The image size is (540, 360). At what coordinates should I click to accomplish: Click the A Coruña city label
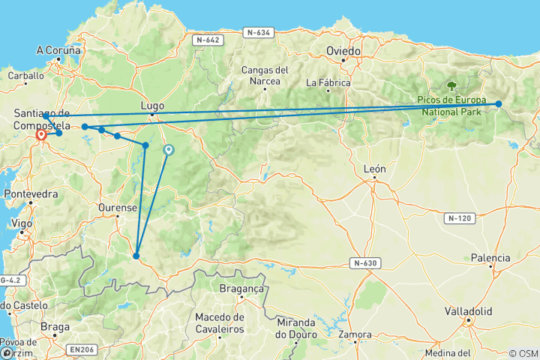pyautogui.click(x=58, y=51)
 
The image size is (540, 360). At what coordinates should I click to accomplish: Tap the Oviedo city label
pyautogui.click(x=344, y=51)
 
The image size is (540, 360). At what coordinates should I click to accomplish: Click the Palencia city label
pyautogui.click(x=490, y=258)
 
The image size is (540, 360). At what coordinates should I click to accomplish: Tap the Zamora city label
pyautogui.click(x=355, y=334)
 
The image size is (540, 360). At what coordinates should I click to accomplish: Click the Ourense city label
pyautogui.click(x=118, y=208)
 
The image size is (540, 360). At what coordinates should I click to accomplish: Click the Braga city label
pyautogui.click(x=55, y=327)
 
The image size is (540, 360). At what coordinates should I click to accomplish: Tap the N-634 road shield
pyautogui.click(x=258, y=32)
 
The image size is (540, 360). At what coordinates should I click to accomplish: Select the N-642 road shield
pyautogui.click(x=205, y=40)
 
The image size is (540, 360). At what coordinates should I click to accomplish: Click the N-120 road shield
pyautogui.click(x=459, y=218)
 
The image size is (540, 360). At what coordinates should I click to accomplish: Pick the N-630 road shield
pyautogui.click(x=366, y=262)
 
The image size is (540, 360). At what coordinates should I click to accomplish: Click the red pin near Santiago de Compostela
pyautogui.click(x=42, y=136)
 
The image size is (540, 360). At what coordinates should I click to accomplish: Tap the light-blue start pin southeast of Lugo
pyautogui.click(x=169, y=150)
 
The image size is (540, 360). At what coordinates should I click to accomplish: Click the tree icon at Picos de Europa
pyautogui.click(x=452, y=87)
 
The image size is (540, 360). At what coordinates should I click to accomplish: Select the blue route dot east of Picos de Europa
pyautogui.click(x=499, y=104)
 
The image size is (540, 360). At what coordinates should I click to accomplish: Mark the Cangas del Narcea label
pyautogui.click(x=265, y=76)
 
